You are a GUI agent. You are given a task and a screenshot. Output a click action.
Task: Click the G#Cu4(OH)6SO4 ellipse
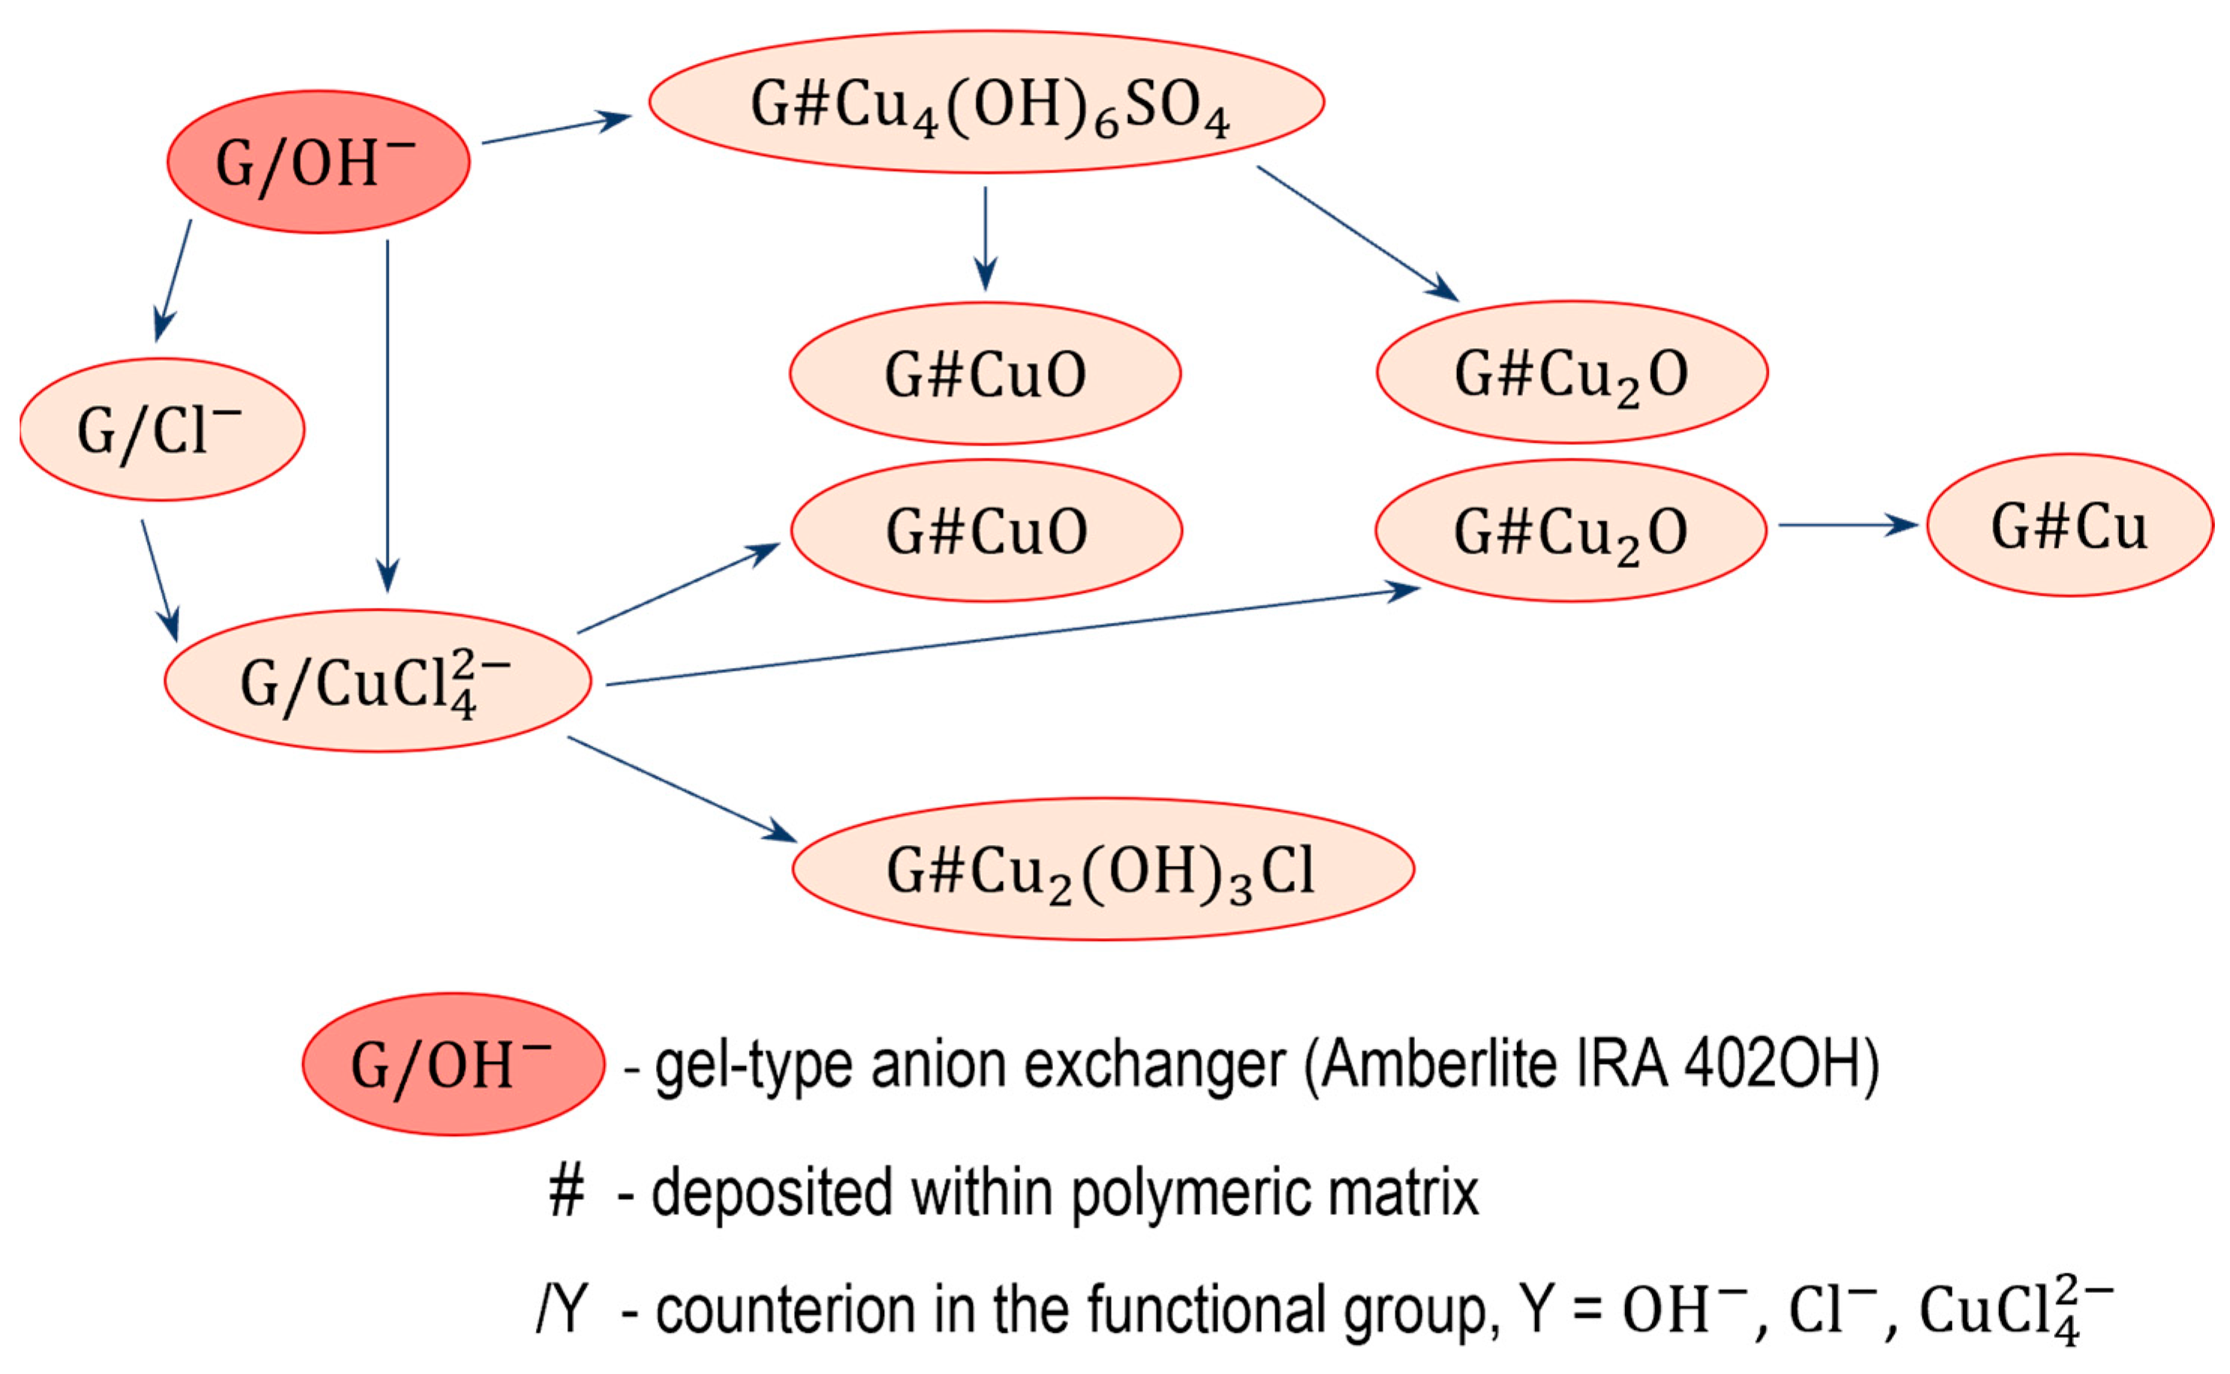pos(986,102)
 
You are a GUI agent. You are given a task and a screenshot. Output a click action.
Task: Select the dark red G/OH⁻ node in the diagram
pos(318,162)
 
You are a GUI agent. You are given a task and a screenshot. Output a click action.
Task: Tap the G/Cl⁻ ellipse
pos(162,429)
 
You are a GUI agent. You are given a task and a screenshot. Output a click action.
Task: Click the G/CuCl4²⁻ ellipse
pos(377,681)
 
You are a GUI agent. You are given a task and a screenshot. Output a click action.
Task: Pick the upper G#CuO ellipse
pos(985,374)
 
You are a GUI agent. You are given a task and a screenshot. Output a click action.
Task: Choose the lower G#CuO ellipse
pos(986,531)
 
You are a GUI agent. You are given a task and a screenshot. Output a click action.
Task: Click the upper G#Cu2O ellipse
pos(1572,373)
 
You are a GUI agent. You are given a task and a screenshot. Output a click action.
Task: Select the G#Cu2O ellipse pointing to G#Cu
pos(1570,531)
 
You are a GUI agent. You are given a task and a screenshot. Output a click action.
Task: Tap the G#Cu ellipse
pos(2069,525)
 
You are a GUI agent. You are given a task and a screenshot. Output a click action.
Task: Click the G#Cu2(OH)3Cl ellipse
pos(1103,870)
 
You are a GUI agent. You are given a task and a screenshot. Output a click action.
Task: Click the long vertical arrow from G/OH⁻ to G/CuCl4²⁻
pos(387,409)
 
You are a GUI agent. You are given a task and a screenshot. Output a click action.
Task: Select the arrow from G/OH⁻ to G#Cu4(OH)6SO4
pos(555,130)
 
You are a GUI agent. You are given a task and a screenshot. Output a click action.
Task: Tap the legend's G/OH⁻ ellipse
pos(453,1064)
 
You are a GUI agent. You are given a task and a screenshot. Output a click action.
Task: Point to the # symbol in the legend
pos(566,1192)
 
